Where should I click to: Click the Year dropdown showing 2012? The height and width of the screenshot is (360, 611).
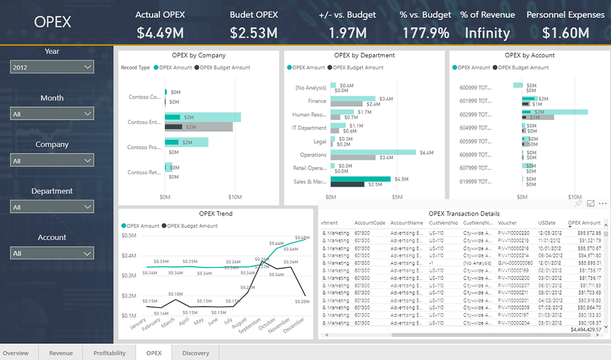(x=52, y=67)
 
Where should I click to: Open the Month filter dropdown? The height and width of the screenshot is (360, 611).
(x=52, y=114)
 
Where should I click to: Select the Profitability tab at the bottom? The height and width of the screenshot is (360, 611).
(x=109, y=353)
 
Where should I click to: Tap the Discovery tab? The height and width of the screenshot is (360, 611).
(x=195, y=353)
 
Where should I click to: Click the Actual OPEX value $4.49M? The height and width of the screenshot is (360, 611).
(x=160, y=33)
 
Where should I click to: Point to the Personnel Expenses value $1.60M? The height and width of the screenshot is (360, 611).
(x=565, y=33)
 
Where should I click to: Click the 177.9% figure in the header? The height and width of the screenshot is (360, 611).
(x=425, y=33)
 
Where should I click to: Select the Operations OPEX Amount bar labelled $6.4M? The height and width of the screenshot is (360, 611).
(x=373, y=152)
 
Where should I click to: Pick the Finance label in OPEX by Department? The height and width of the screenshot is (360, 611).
(x=317, y=101)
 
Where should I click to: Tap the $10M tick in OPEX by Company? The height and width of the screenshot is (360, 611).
(x=235, y=197)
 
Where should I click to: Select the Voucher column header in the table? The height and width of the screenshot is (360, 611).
(x=507, y=223)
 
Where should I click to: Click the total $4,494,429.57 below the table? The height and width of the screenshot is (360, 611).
(x=586, y=329)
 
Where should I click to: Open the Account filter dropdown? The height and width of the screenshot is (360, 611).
(x=52, y=254)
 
